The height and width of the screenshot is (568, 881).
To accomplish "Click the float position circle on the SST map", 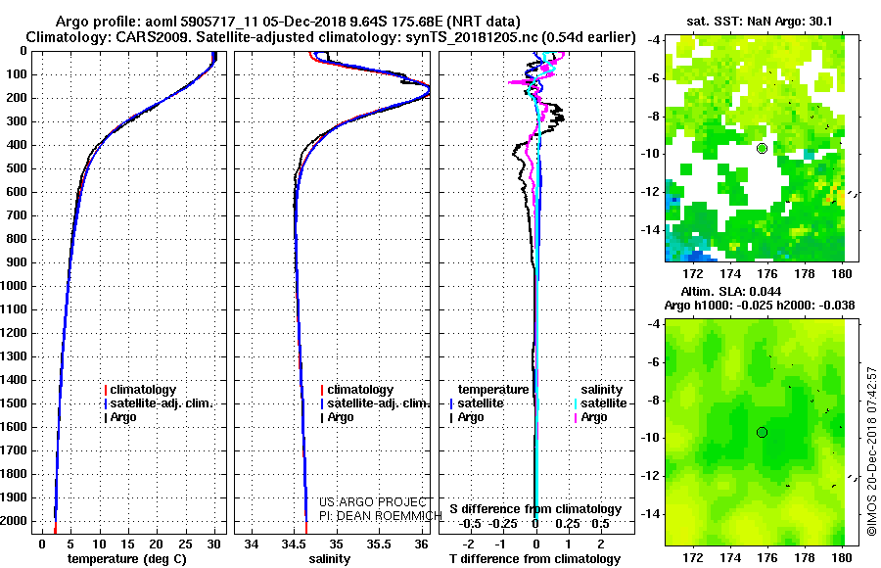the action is point(762,149).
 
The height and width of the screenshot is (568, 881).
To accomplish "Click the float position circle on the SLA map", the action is point(762,432).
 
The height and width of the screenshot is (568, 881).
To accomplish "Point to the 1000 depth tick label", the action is point(13,286).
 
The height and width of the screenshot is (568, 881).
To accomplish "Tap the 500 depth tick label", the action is point(16,168).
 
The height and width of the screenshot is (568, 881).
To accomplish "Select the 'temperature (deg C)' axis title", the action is point(127,559).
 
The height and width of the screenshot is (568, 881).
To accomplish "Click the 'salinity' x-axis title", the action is point(329,559).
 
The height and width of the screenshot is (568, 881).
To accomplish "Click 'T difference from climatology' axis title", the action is point(534,559).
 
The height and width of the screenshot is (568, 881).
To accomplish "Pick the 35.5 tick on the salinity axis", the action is point(379,544).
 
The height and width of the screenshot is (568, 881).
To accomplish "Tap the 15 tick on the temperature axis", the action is point(127,544).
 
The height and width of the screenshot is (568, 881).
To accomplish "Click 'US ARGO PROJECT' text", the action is point(373,501).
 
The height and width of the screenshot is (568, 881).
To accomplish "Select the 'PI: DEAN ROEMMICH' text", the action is point(381,516).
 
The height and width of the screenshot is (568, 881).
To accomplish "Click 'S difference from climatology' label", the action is point(535,509).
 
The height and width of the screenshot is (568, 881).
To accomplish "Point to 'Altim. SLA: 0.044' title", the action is point(730,291).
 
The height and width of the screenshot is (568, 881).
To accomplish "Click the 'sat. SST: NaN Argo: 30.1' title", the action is point(759,22).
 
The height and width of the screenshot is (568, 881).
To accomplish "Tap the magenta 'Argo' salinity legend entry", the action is point(590,417).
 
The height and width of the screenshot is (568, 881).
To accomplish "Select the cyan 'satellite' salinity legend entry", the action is point(600,403).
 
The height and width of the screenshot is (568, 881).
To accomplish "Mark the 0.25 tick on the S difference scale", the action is point(568,524).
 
